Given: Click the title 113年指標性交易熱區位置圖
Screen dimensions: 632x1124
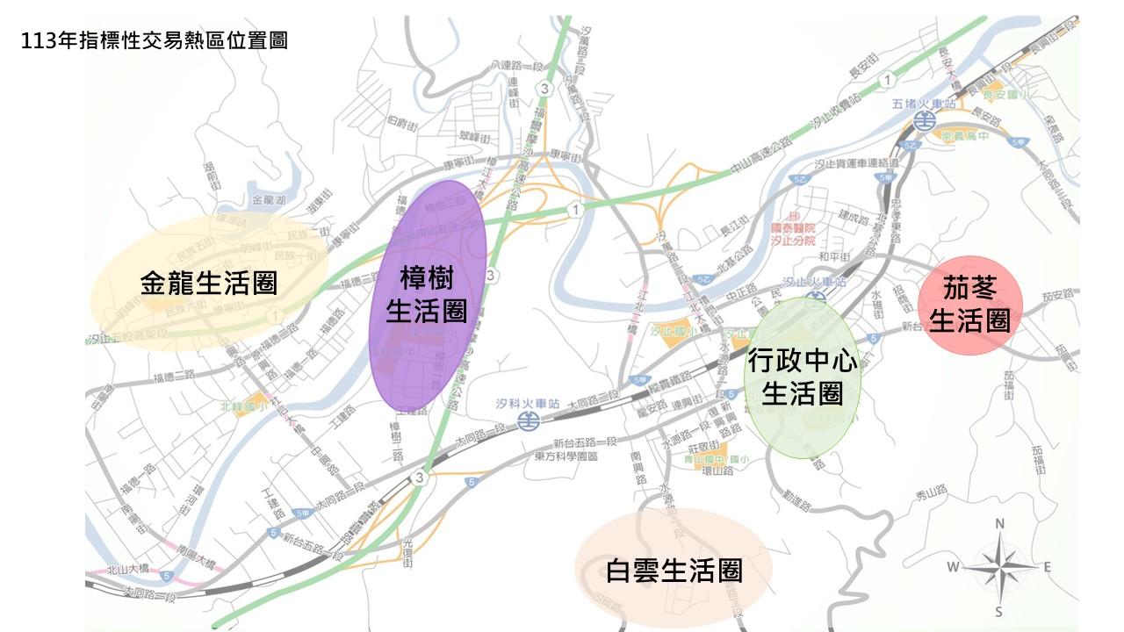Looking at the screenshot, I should point(156,40).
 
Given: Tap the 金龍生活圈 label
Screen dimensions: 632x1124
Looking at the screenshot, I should point(208,283).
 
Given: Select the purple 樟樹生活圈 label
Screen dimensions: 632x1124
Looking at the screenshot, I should point(427,296).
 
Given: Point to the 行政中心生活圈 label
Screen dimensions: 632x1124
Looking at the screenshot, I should point(802,377).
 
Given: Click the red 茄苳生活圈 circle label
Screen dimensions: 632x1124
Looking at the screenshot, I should point(969,305).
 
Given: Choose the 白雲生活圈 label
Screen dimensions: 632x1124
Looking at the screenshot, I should point(674,571).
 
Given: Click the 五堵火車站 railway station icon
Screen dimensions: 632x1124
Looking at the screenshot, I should point(924,119).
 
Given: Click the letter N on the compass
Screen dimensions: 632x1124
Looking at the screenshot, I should point(999,524).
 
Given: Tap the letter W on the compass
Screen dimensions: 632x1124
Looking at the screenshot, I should point(952,567).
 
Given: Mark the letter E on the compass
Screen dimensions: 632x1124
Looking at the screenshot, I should point(1047,567).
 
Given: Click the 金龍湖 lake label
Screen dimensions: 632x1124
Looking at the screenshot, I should point(268,200).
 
